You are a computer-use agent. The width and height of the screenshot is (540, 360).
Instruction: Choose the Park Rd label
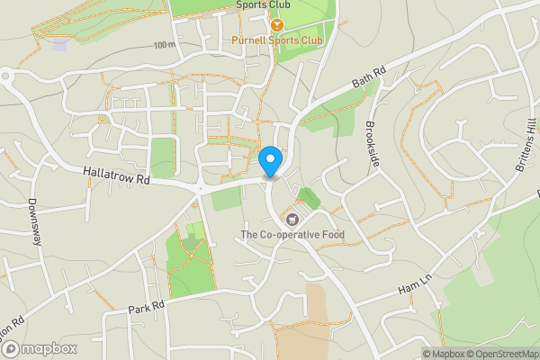[147, 307]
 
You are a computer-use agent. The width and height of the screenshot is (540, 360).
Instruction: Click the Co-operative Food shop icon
[292, 220]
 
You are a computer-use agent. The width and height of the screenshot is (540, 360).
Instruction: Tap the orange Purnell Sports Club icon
[278, 25]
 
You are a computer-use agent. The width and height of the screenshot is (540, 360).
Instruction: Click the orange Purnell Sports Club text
[277, 40]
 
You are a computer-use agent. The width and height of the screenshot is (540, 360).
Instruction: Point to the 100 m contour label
[164, 44]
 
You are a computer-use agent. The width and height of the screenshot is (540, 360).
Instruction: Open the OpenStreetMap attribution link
[503, 353]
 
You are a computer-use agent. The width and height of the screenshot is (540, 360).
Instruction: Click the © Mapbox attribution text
[442, 353]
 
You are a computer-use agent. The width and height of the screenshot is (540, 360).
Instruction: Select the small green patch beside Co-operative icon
[309, 199]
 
